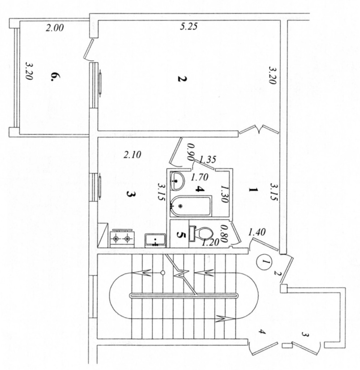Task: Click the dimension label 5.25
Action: pyautogui.click(x=189, y=27)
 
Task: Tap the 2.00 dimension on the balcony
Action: pyautogui.click(x=55, y=28)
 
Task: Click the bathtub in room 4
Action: pyautogui.click(x=190, y=206)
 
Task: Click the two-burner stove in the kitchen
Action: pyautogui.click(x=121, y=238)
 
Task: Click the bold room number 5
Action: pyautogui.click(x=181, y=235)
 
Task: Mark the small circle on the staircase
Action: pyautogui.click(x=163, y=272)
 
